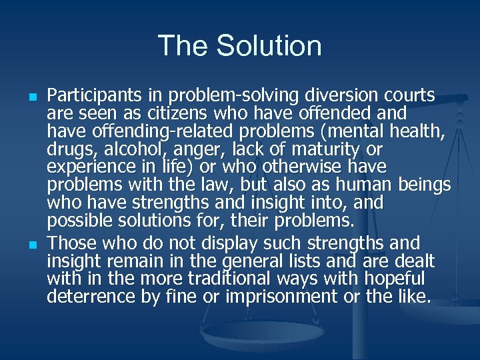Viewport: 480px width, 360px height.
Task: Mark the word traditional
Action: click(x=197, y=278)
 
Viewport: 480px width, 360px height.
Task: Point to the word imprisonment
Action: click(x=283, y=296)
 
